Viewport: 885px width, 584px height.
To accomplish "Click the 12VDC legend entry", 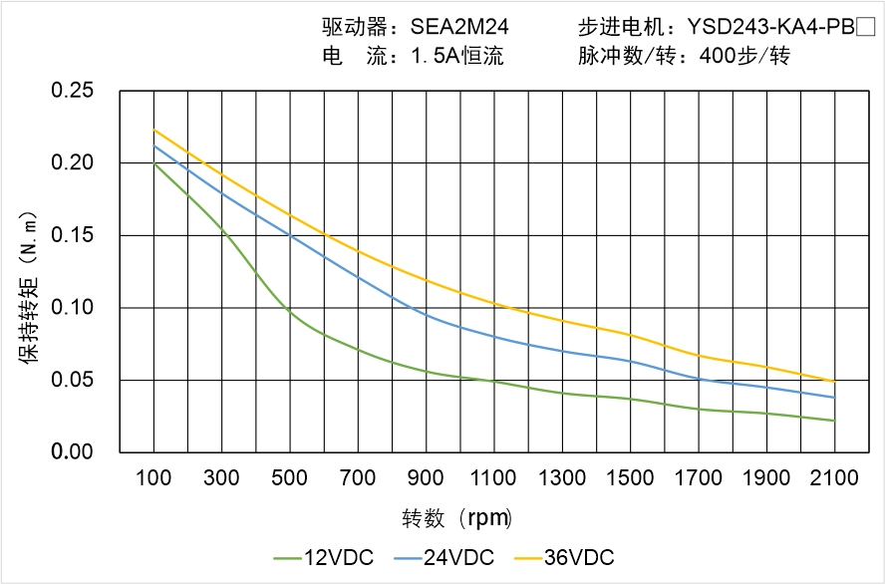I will click(327, 557).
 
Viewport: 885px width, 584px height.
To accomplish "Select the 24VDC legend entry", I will click(446, 557).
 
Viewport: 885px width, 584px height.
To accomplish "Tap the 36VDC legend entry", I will click(566, 557).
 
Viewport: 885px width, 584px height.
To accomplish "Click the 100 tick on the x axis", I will click(153, 478).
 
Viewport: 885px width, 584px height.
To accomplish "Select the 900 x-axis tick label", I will click(427, 478).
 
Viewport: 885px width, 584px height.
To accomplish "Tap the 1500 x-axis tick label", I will click(631, 478).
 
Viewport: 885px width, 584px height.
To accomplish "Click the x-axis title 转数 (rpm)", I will click(456, 518).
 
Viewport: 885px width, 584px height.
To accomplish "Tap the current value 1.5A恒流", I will click(457, 57).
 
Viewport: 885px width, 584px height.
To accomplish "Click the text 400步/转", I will click(744, 57).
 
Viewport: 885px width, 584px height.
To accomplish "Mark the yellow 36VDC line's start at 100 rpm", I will click(153, 131).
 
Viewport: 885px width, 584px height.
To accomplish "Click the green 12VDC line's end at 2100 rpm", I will click(834, 421).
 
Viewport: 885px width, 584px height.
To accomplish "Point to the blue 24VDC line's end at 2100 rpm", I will click(834, 398).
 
